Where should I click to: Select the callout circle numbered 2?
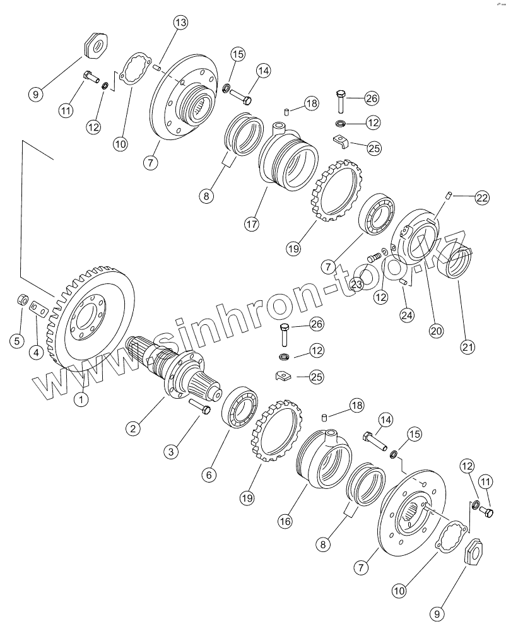[132, 429]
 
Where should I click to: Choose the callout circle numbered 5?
[17, 341]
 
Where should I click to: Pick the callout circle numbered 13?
[180, 23]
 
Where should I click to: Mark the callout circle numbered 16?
[286, 520]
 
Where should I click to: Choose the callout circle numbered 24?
[407, 314]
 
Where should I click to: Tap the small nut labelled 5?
[23, 299]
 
